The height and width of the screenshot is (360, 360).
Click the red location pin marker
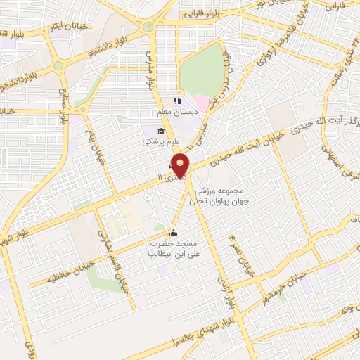click(181, 165)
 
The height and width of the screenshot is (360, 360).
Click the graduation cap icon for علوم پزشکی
click(160, 131)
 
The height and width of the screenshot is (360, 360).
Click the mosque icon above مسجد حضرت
click(174, 233)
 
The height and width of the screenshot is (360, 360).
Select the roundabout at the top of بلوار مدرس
click(148, 27)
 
